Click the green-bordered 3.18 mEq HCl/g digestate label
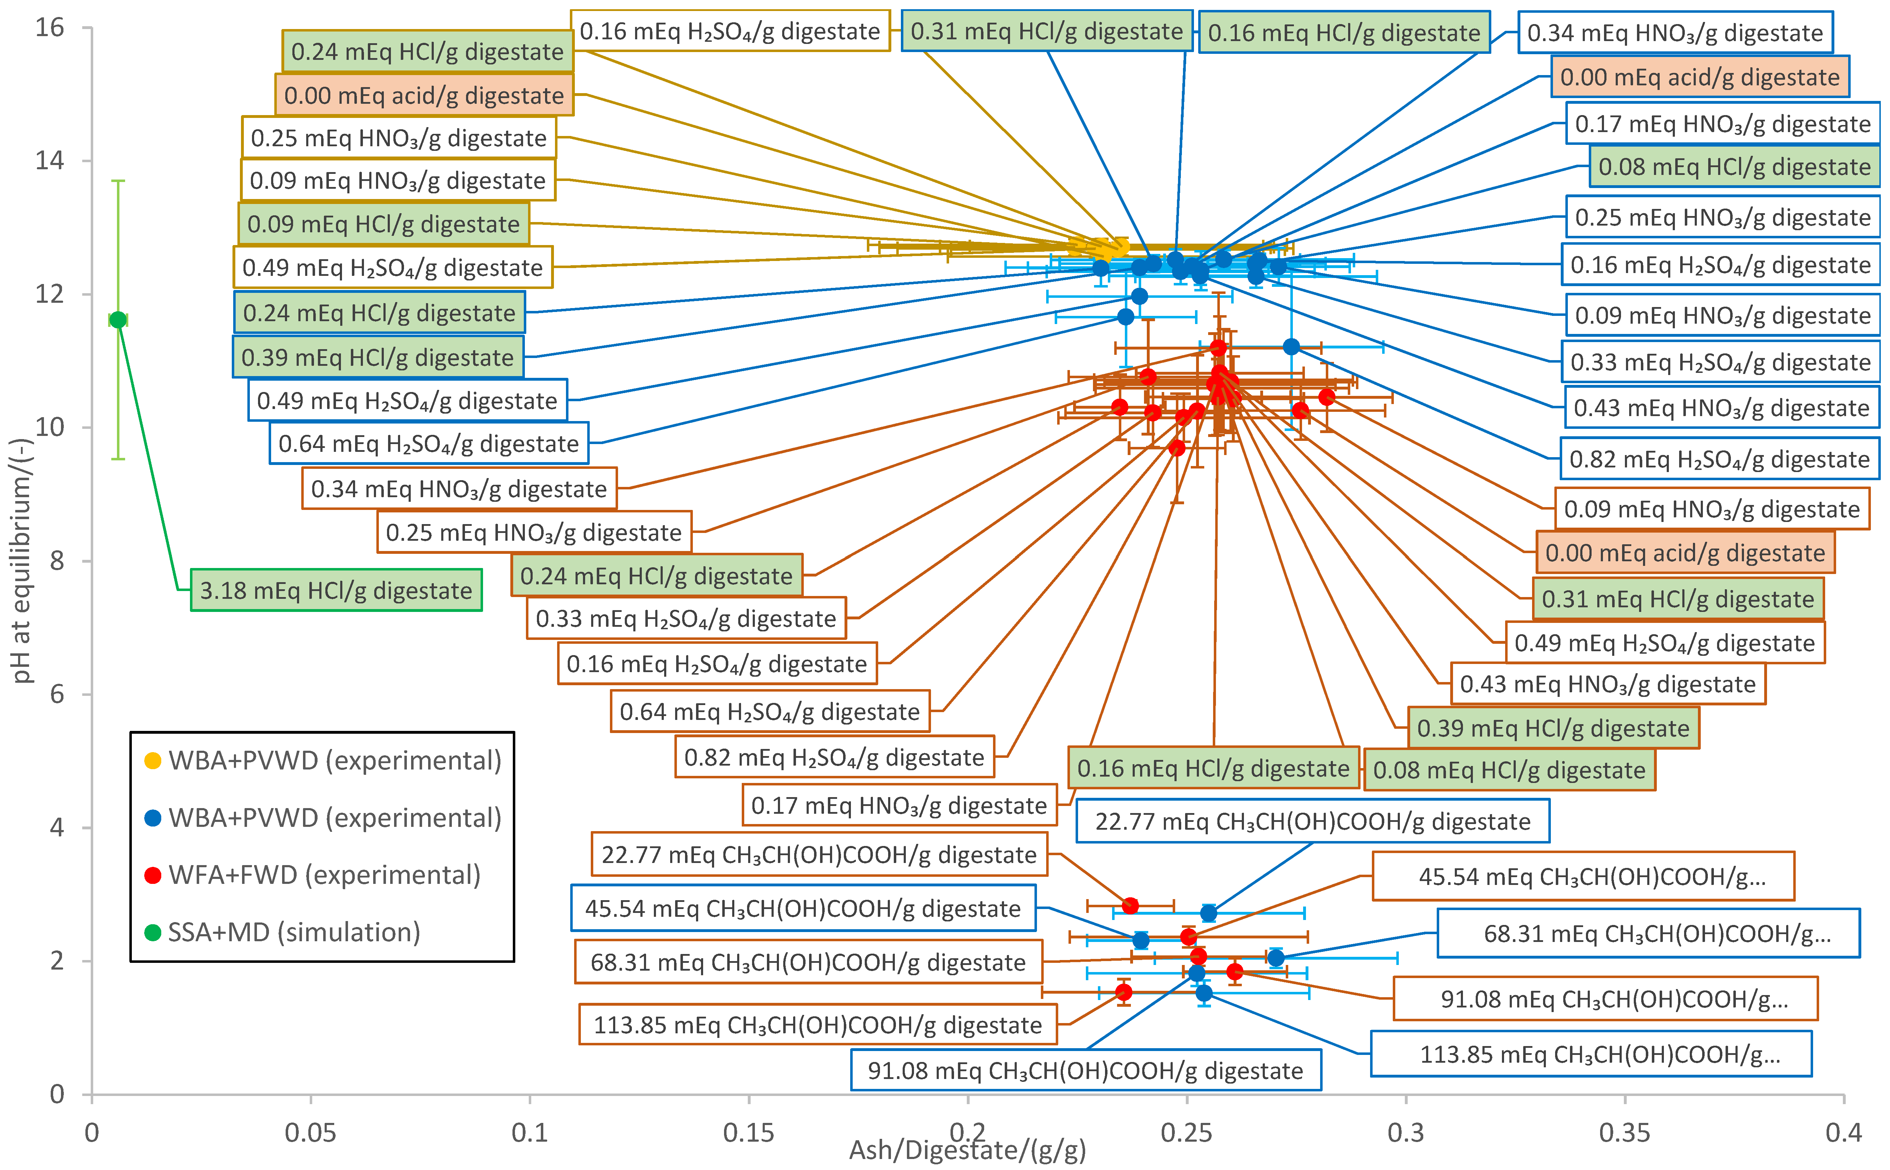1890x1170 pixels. point(336,590)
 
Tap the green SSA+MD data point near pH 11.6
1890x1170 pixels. point(118,319)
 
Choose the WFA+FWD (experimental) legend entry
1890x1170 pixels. point(324,875)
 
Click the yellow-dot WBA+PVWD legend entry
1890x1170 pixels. point(335,761)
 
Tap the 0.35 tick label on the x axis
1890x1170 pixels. point(1625,1133)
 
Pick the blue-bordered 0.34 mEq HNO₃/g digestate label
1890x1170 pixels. point(1675,33)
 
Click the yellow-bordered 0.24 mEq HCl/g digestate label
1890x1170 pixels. point(427,52)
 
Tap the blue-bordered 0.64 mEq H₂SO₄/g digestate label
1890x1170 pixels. point(428,443)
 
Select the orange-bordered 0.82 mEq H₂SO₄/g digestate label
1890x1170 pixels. point(834,757)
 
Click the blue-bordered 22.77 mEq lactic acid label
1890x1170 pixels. point(1312,821)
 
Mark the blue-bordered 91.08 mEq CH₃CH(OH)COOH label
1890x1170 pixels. point(1086,1070)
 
